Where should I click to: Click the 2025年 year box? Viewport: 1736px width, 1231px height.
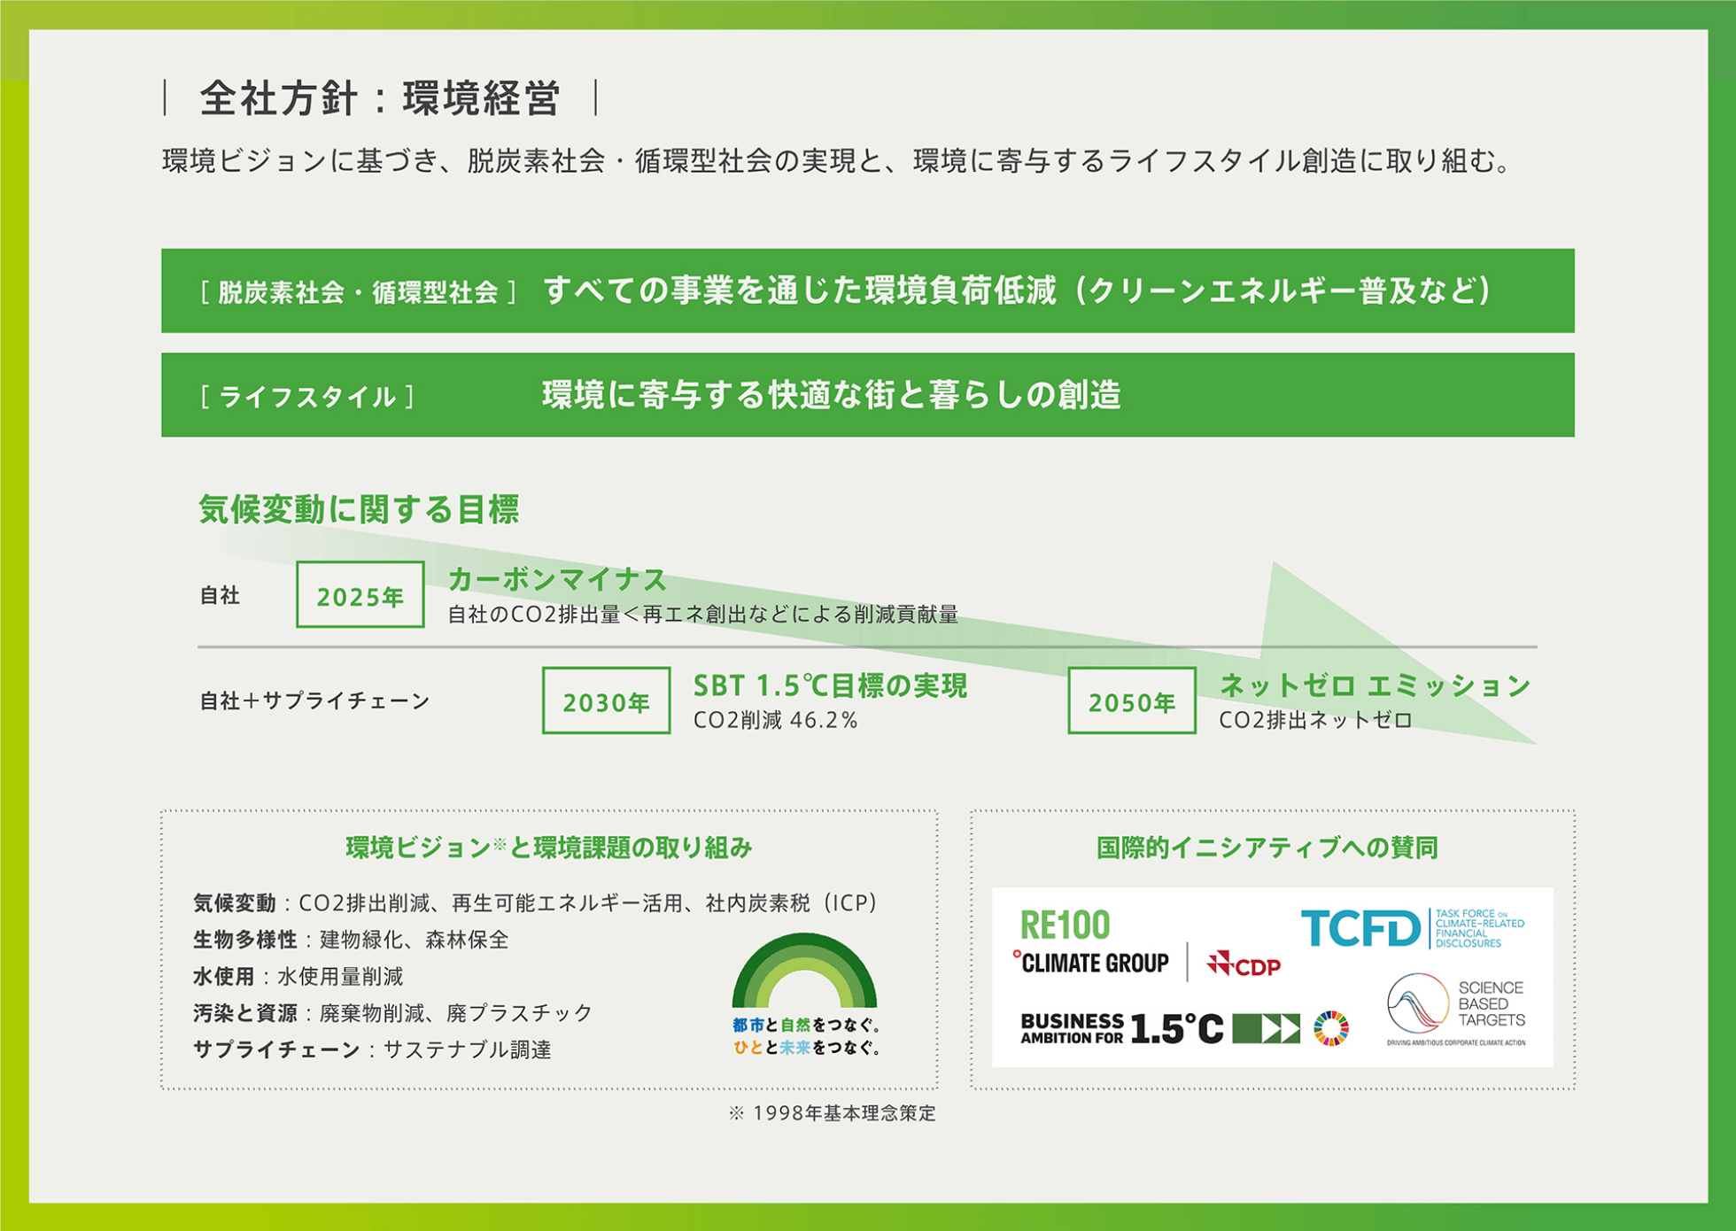[360, 595]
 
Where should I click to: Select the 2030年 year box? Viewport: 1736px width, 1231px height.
[607, 701]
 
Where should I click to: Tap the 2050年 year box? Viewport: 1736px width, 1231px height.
[1132, 701]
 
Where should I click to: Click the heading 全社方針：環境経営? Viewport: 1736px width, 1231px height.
[380, 97]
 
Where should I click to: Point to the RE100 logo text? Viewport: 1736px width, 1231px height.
[1065, 925]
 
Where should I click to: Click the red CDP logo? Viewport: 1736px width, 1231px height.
[1244, 964]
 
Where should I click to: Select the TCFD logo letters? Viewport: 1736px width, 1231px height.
[1360, 928]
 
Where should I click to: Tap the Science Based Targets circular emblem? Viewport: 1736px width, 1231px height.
[1417, 1003]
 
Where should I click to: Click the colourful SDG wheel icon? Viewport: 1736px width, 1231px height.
[1331, 1028]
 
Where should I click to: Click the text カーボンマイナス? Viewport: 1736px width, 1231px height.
[557, 580]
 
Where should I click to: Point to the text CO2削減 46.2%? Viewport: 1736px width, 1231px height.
[775, 720]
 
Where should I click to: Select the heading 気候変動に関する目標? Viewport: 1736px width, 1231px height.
[359, 509]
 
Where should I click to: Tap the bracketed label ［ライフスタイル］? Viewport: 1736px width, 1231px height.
[307, 397]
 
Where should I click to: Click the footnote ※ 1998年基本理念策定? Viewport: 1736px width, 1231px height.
[832, 1113]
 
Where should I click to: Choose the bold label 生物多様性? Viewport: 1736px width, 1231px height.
[245, 940]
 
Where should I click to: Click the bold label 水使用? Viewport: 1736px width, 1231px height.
[224, 976]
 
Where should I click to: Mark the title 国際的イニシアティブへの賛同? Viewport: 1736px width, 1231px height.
[1267, 848]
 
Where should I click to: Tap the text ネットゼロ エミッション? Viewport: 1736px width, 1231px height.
[1375, 685]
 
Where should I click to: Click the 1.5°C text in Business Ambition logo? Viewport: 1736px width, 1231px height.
[1177, 1029]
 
